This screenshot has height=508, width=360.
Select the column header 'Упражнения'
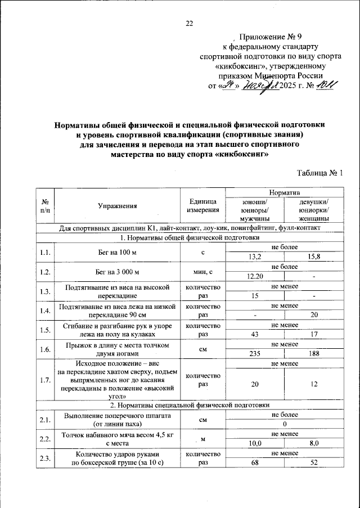(118, 206)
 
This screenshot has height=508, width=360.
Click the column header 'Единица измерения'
(203, 206)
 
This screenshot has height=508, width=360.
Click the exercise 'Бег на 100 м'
(118, 252)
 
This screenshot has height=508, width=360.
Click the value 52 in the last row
(314, 463)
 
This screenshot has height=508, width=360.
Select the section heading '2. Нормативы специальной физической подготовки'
(190, 405)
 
